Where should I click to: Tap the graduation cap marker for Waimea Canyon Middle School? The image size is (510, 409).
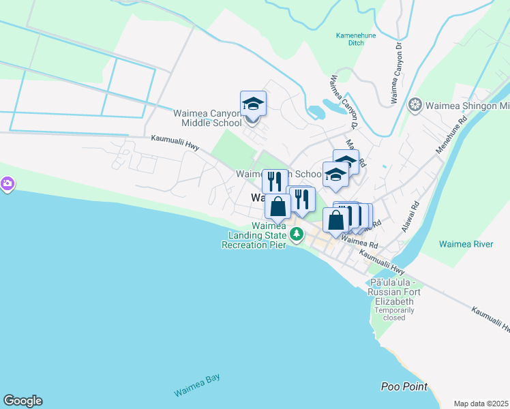[x=253, y=104]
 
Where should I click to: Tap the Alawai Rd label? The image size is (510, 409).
[x=412, y=217]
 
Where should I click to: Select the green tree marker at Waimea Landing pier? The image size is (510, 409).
[x=296, y=235]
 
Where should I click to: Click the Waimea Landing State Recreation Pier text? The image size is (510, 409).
[x=253, y=235]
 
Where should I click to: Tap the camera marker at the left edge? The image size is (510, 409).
[x=7, y=183]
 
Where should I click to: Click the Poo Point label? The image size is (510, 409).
[x=404, y=387]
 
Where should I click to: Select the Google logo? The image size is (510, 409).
[x=22, y=401]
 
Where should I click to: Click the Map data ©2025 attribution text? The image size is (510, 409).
[x=481, y=404]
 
